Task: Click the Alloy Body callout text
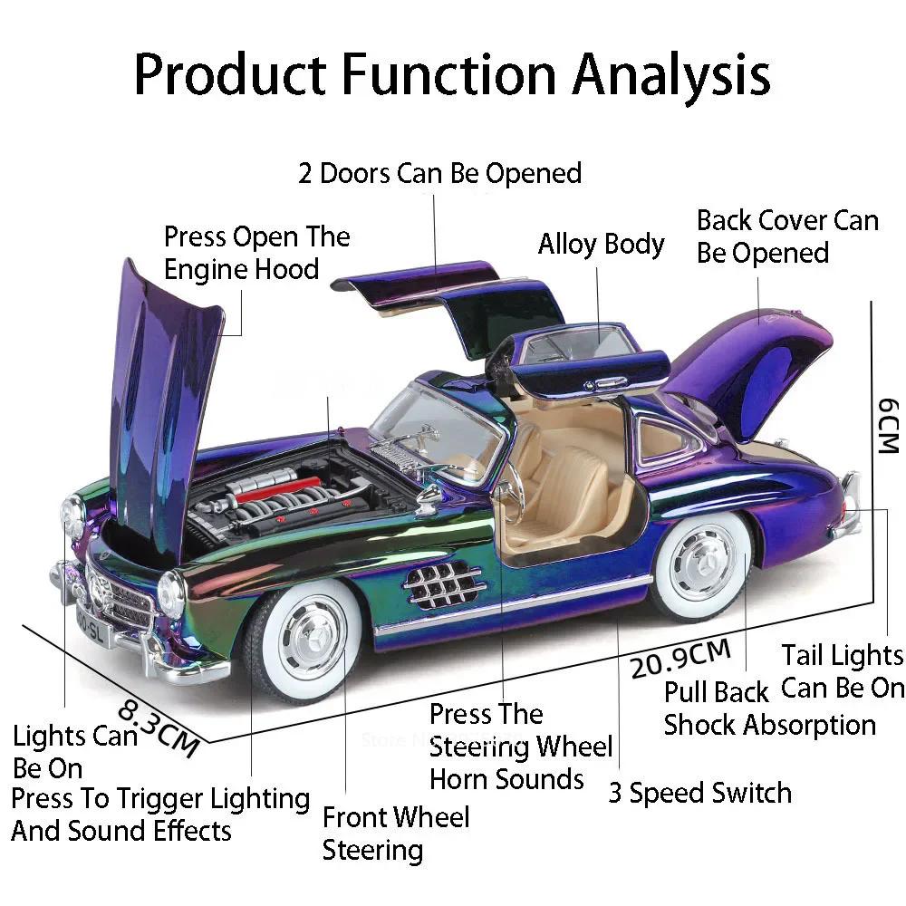(601, 245)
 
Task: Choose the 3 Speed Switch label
(699, 793)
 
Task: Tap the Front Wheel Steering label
(396, 833)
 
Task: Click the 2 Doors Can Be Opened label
(440, 172)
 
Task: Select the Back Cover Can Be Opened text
(786, 236)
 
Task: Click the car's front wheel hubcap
(311, 631)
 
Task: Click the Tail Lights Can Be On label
(843, 670)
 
